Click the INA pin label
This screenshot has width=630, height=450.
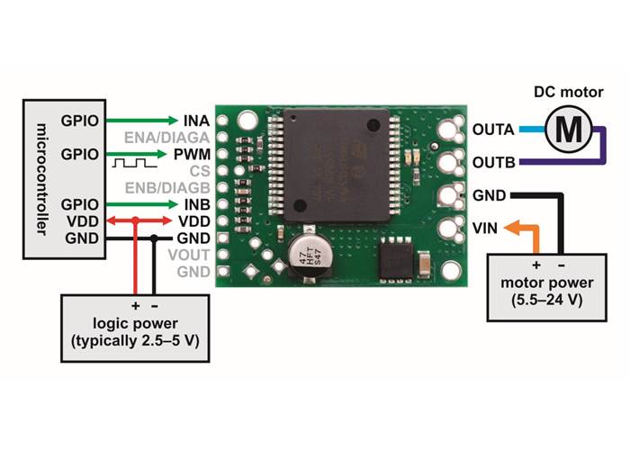[196, 120]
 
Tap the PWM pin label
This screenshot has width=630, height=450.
[195, 154]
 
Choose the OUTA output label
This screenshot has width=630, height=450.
[493, 129]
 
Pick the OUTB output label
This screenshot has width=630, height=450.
[493, 162]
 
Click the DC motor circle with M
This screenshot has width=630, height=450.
[569, 128]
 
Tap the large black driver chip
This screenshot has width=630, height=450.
[339, 165]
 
